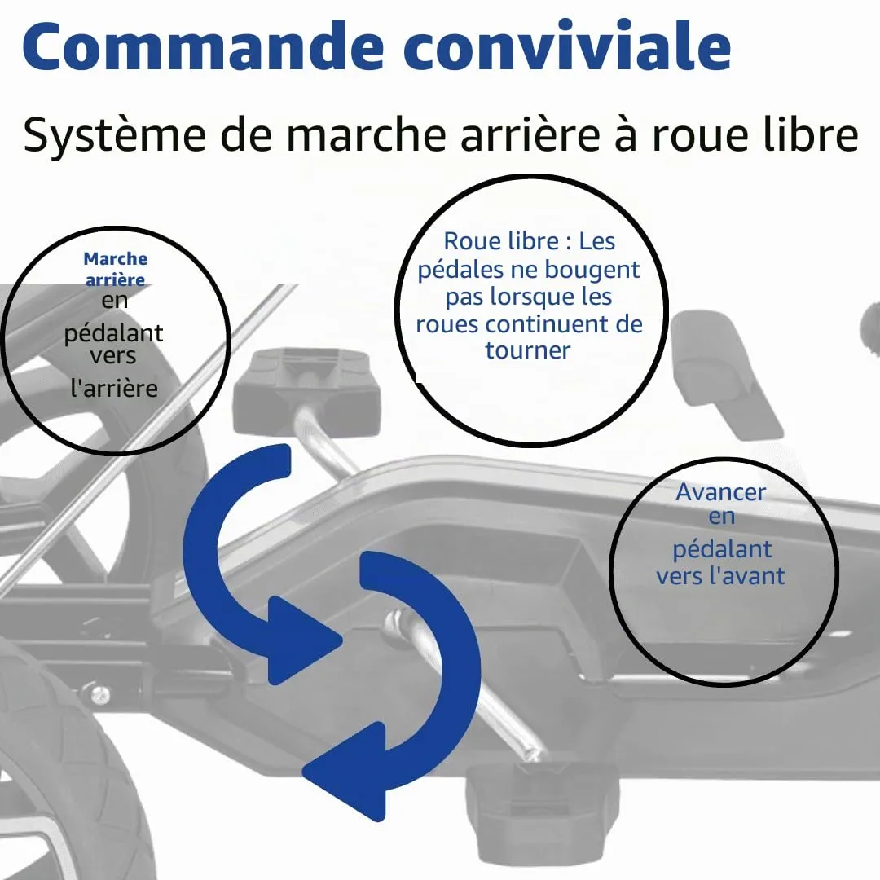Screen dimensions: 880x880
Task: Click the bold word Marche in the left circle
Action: click(115, 259)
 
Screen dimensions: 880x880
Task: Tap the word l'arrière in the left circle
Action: click(114, 389)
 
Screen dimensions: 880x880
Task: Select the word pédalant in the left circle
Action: click(113, 334)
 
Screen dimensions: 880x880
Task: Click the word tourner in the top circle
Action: click(527, 350)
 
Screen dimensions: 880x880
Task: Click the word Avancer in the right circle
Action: click(720, 492)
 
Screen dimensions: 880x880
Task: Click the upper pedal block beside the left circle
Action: click(306, 391)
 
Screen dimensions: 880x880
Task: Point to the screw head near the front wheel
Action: click(101, 694)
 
